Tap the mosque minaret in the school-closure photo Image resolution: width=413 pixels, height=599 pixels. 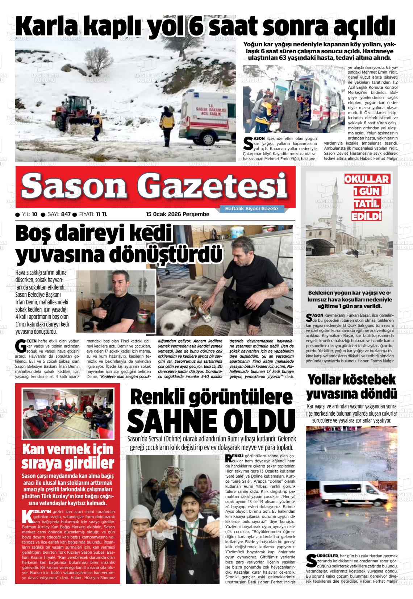(x=337, y=203)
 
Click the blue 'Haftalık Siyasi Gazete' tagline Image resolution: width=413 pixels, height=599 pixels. (x=251, y=209)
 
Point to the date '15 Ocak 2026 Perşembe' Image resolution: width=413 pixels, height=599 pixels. (x=178, y=214)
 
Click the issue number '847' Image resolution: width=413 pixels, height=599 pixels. (x=66, y=214)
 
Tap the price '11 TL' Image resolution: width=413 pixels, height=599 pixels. (x=101, y=214)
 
